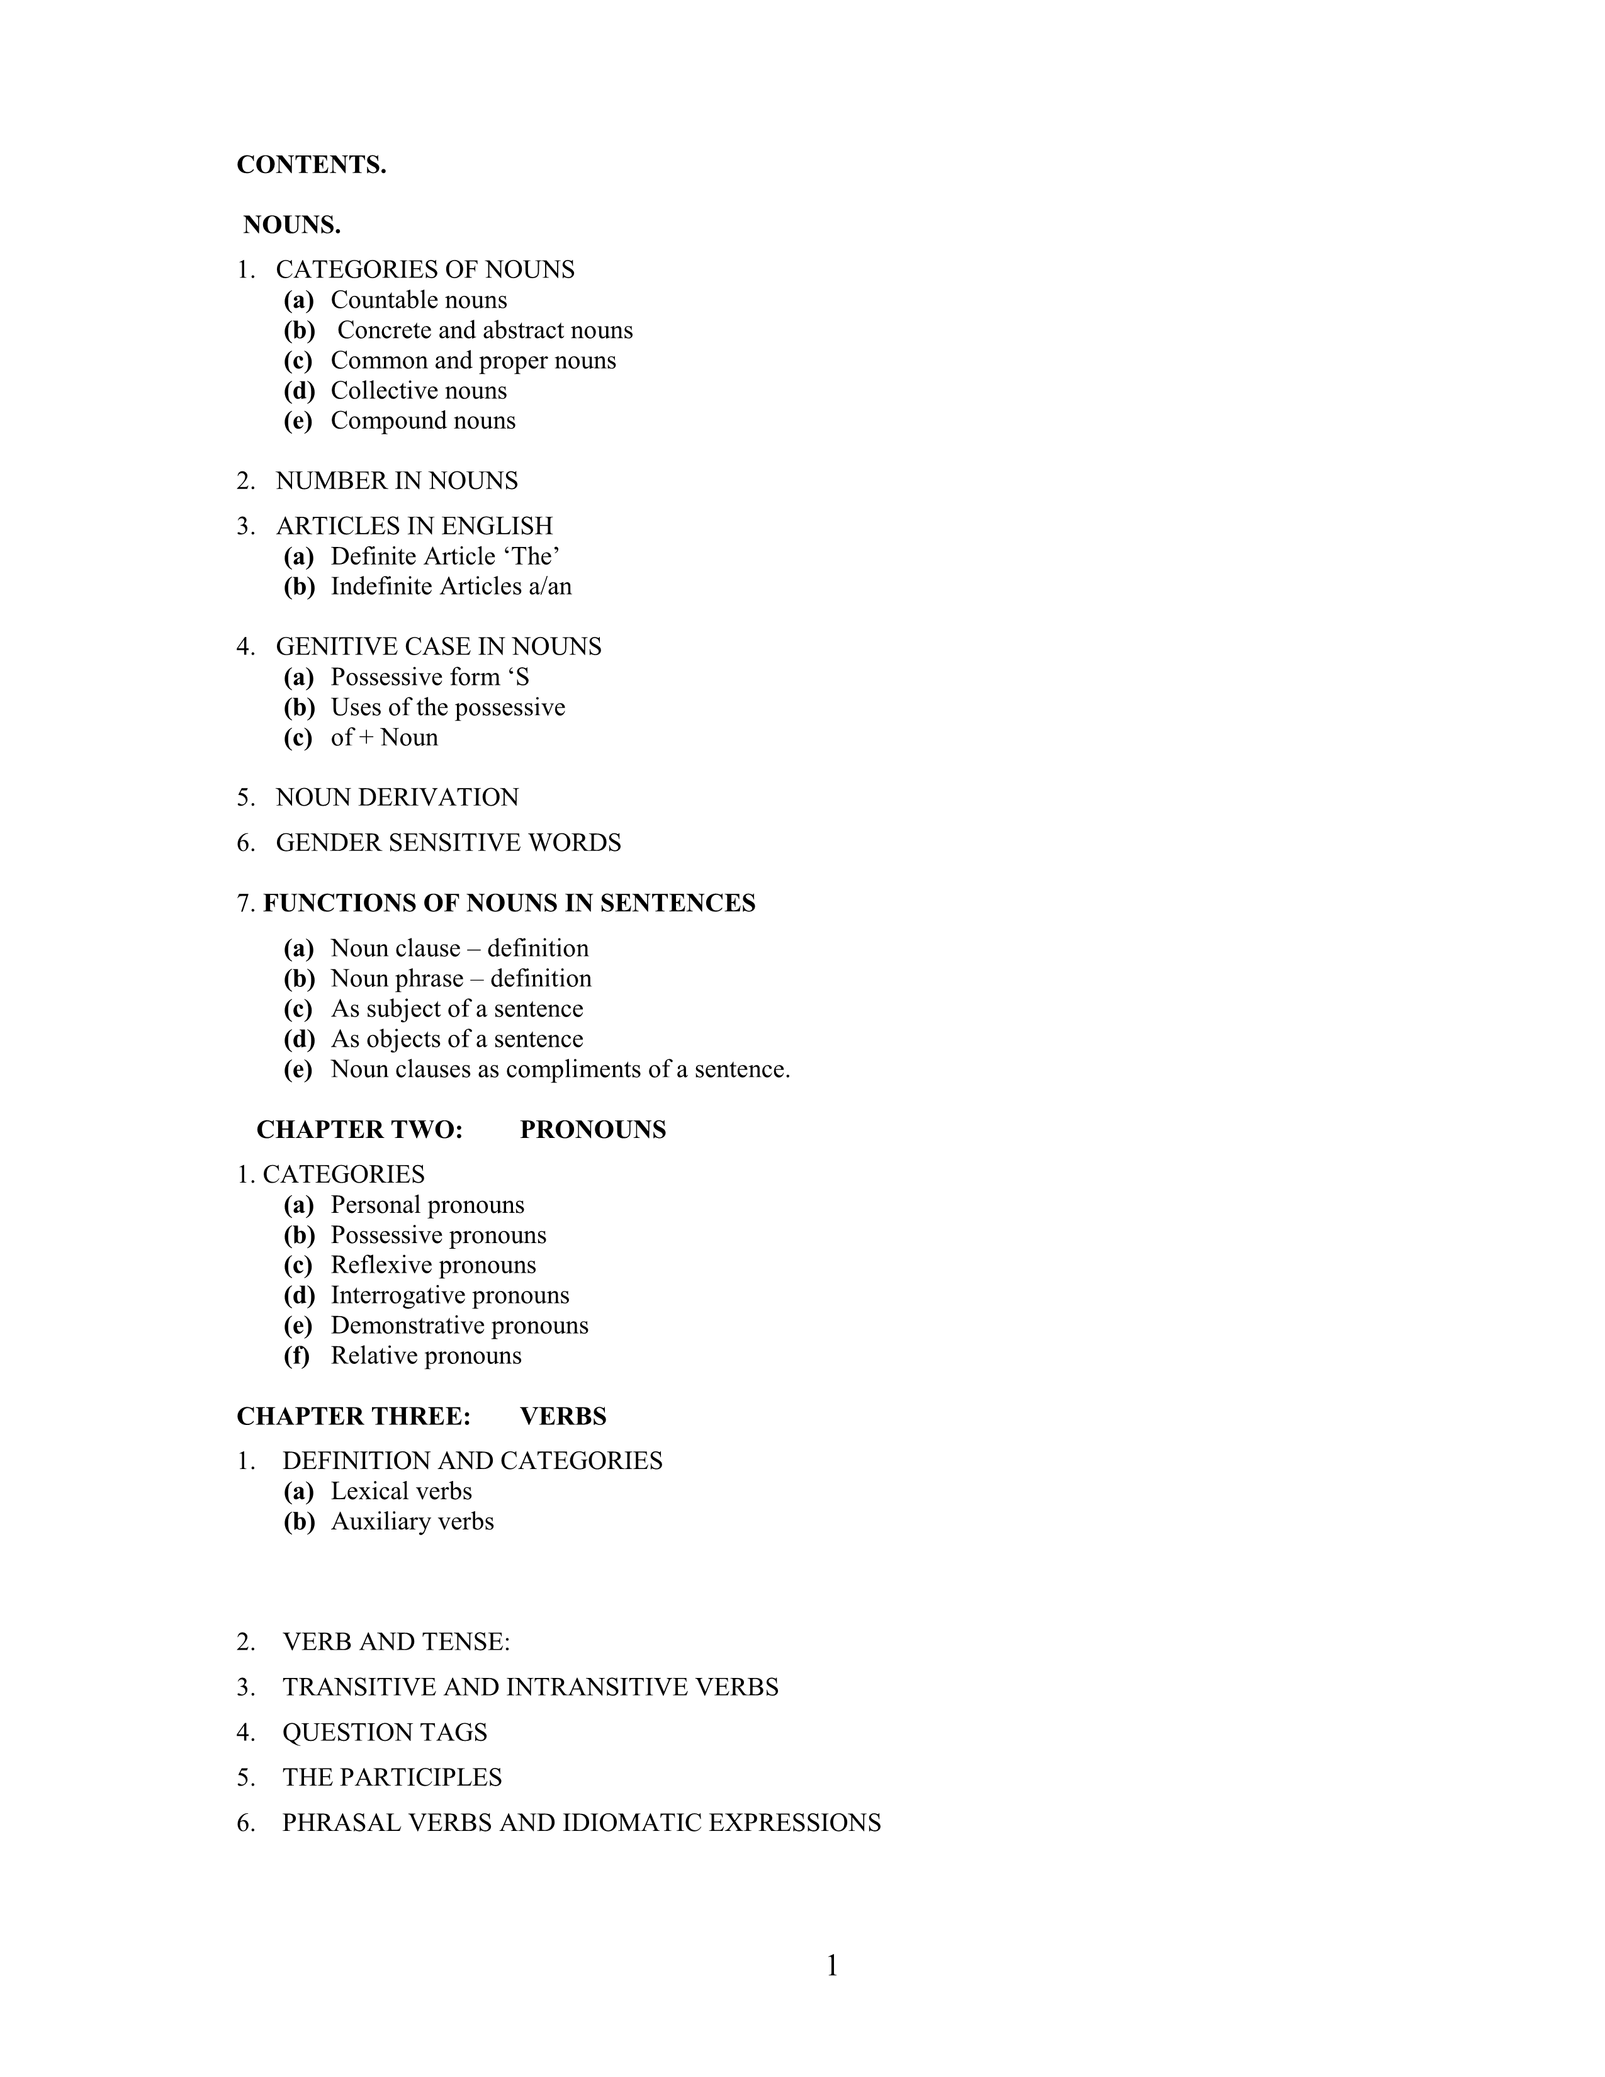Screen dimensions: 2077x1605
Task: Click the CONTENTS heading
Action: (311, 164)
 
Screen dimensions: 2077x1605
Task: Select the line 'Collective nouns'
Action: (419, 391)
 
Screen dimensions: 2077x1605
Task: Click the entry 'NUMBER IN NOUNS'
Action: (397, 481)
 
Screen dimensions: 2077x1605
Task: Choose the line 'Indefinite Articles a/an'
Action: (451, 587)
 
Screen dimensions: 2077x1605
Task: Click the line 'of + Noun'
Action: (384, 738)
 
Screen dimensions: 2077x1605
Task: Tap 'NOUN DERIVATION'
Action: (397, 797)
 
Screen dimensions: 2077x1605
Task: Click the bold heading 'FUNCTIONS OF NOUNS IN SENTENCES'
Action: (509, 903)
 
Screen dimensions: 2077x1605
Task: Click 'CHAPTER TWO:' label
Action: (359, 1130)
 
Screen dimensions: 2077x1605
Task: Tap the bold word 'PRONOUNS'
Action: (592, 1130)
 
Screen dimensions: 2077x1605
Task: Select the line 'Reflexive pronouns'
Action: (432, 1266)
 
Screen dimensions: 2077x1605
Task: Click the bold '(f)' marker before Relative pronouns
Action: (296, 1356)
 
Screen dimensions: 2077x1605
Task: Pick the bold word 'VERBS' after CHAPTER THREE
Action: (563, 1417)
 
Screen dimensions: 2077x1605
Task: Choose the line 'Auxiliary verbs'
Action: (412, 1522)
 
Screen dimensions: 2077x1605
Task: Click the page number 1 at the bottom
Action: (832, 1966)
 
